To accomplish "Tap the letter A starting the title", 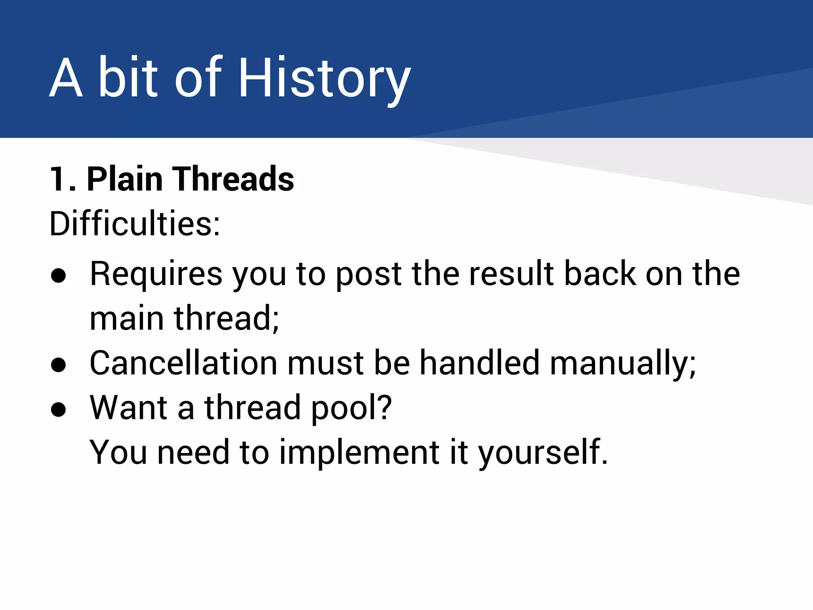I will click(x=66, y=77).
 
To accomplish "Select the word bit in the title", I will click(x=128, y=77).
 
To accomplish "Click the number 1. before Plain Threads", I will click(x=62, y=179).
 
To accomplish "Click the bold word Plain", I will click(x=125, y=179).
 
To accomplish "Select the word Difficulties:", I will click(x=135, y=224).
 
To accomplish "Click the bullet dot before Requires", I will click(x=58, y=276).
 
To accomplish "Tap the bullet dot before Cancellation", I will click(x=58, y=365).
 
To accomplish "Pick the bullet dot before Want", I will click(x=58, y=409).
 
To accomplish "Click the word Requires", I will click(x=156, y=274).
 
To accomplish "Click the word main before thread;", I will click(x=127, y=319).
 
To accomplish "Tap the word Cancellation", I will click(x=183, y=363).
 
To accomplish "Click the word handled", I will click(x=480, y=363).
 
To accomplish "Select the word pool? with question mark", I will click(x=352, y=408).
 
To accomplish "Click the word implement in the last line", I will click(x=359, y=453).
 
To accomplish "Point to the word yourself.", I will click(x=543, y=453).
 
